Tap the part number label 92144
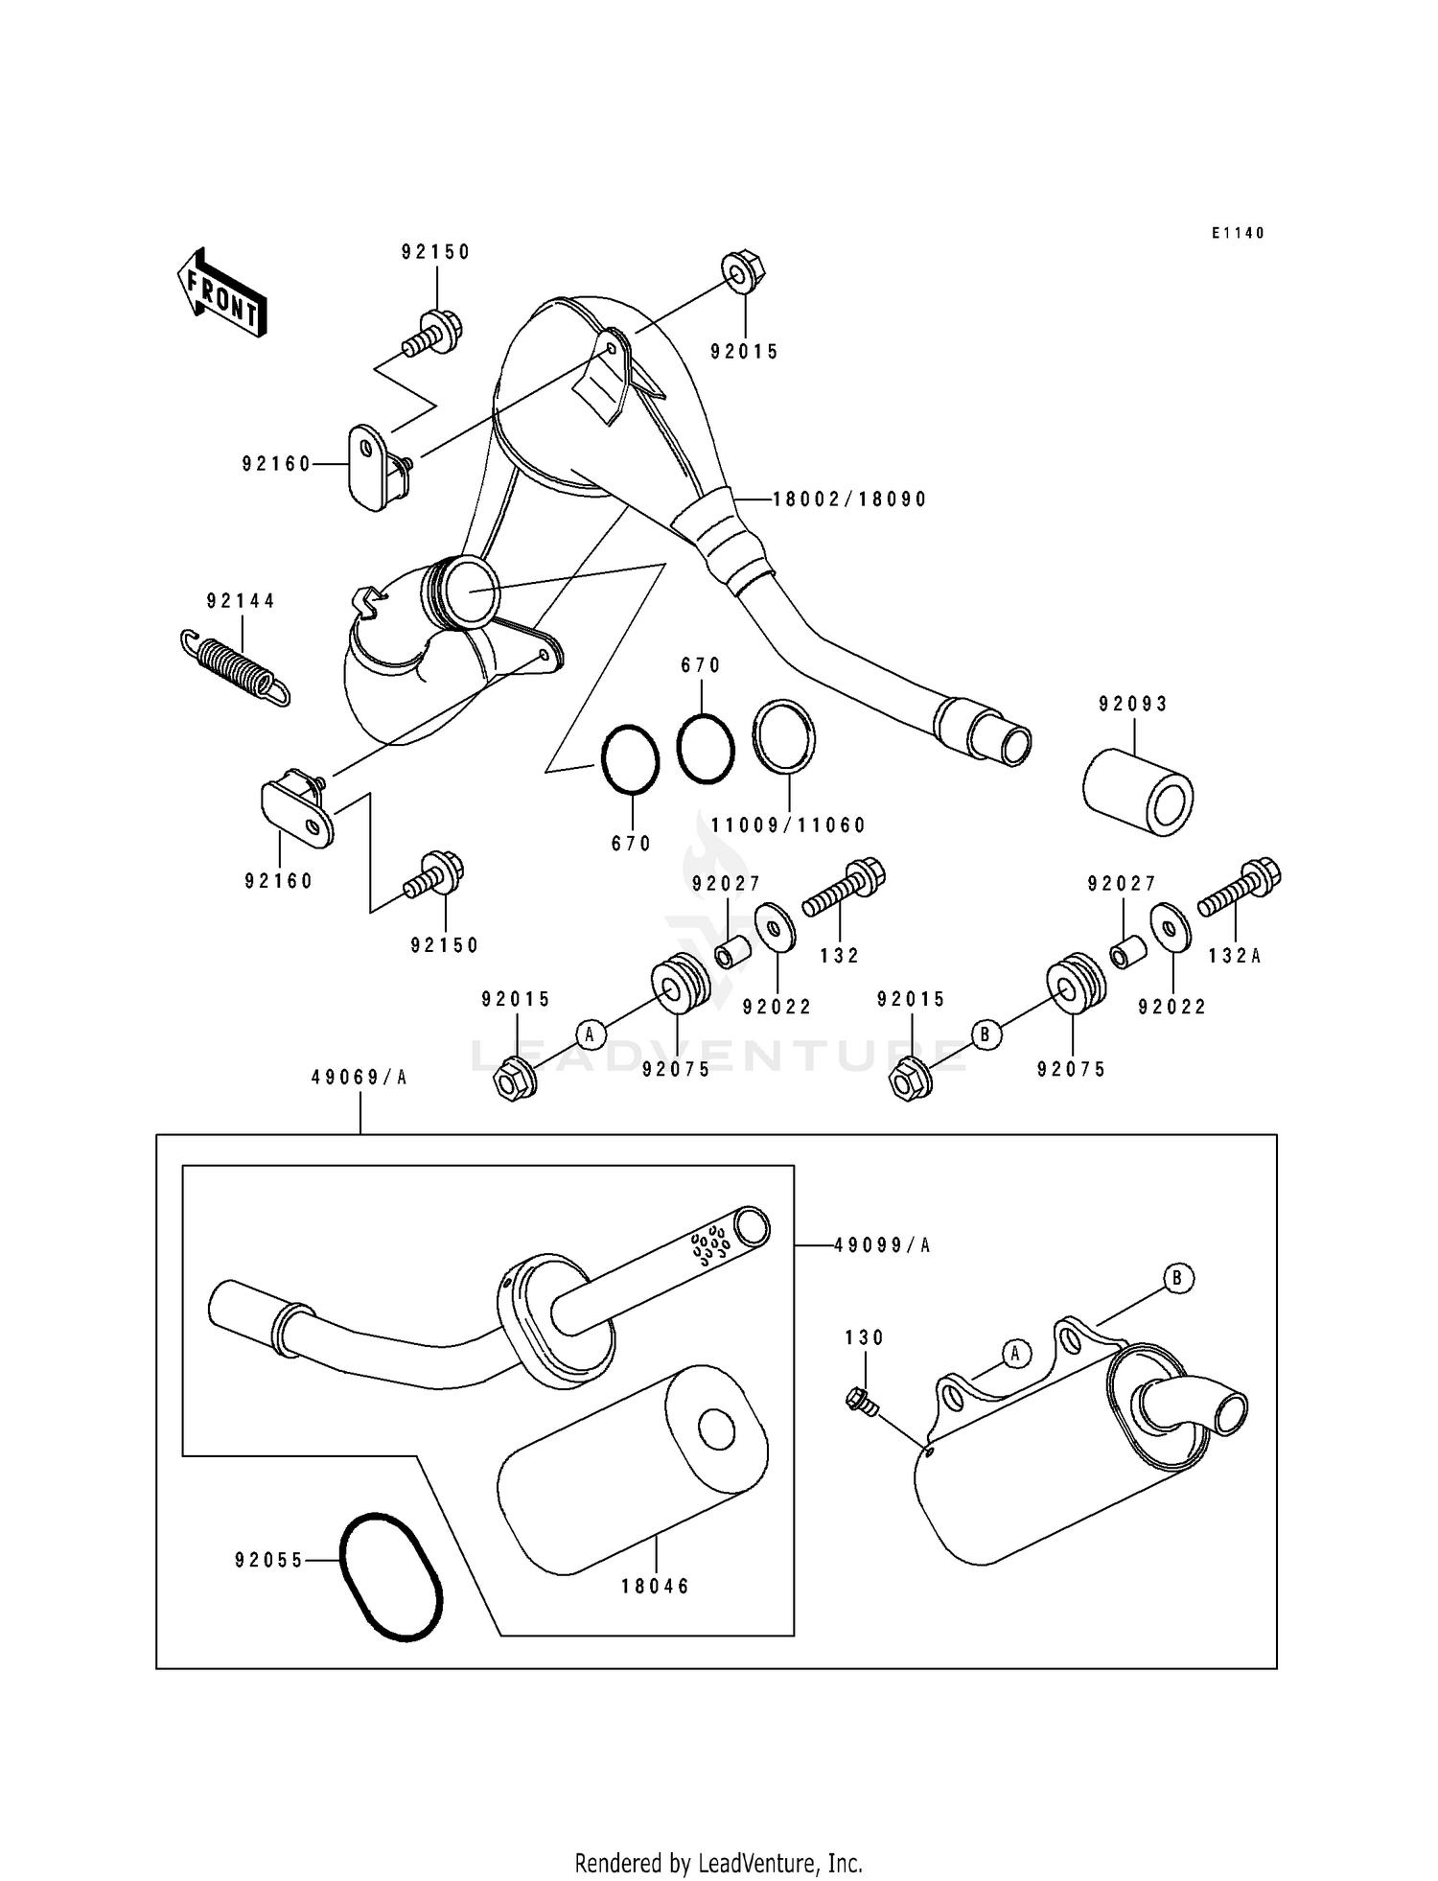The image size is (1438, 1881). pyautogui.click(x=241, y=601)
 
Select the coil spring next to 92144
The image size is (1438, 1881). pyautogui.click(x=235, y=667)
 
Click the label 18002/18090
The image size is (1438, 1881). pyautogui.click(x=849, y=499)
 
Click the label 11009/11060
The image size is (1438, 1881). pyautogui.click(x=788, y=825)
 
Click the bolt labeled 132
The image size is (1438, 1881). pyautogui.click(x=844, y=888)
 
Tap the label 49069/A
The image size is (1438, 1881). pyautogui.click(x=359, y=1078)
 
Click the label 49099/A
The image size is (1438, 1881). pyautogui.click(x=882, y=1245)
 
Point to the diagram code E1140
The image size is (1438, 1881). pyautogui.click(x=1238, y=233)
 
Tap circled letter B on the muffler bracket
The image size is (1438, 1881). pyautogui.click(x=1178, y=1278)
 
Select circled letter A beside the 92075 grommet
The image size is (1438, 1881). pyautogui.click(x=591, y=1033)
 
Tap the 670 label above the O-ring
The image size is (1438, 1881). pyautogui.click(x=700, y=665)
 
